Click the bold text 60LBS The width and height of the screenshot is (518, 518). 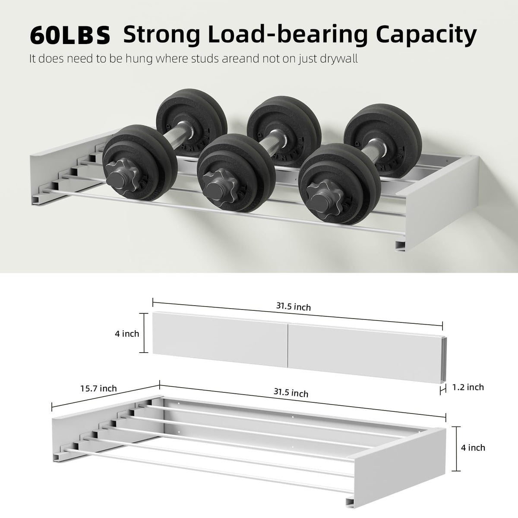(x=70, y=35)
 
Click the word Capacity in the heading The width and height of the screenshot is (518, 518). (x=426, y=35)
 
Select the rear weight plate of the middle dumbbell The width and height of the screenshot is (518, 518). (x=284, y=131)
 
